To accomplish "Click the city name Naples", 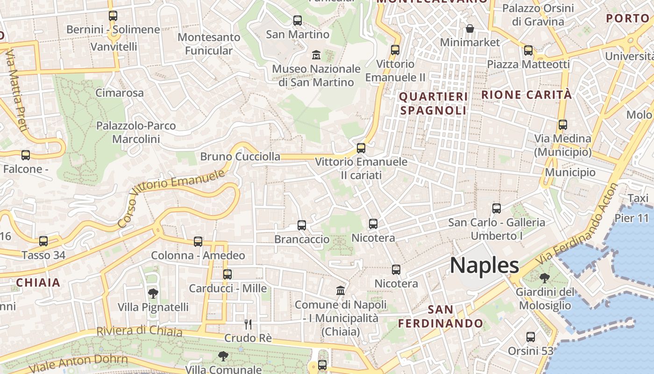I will point(484,266).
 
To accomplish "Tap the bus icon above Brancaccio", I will point(302,225).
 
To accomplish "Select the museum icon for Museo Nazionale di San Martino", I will point(316,55).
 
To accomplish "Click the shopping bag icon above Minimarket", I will point(470,29).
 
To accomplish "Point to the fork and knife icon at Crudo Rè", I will point(248,324).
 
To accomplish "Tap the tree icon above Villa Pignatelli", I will point(153,294).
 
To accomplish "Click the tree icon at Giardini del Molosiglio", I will point(544,279).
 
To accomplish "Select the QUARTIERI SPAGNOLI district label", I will point(434,103).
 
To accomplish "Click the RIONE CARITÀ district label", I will point(526,94).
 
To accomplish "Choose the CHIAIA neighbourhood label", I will point(38,282).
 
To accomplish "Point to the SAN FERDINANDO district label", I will point(441,316).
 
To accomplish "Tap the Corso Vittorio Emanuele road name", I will point(171,199).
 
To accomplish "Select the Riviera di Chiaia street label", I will point(139,331).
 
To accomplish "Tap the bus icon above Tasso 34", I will point(43,241).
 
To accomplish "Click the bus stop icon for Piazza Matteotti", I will point(528,50).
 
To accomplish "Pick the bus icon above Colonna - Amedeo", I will point(198,242).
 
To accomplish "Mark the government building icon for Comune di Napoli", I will point(341,291).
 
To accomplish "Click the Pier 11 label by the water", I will point(632,218).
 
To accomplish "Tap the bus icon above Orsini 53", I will point(530,337).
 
